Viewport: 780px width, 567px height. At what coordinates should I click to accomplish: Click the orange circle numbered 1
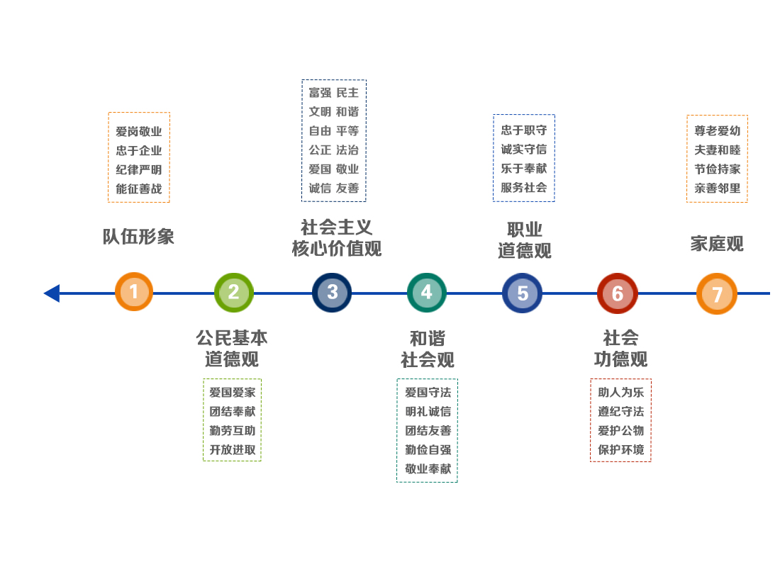click(x=134, y=291)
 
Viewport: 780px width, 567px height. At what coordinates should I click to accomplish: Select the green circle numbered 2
click(x=234, y=292)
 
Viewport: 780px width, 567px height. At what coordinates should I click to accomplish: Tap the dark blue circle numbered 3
click(x=332, y=292)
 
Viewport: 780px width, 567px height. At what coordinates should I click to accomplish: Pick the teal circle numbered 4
click(x=426, y=292)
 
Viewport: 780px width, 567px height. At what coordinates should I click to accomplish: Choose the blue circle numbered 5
click(x=523, y=293)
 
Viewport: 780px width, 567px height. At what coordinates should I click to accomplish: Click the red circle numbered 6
click(x=618, y=293)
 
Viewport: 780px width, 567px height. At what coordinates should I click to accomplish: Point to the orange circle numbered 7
click(x=717, y=293)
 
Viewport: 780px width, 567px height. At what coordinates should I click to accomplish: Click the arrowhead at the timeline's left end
click(x=52, y=293)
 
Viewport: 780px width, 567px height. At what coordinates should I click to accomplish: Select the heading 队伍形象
click(x=138, y=237)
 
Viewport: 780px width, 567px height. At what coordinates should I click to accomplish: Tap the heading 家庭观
click(x=717, y=244)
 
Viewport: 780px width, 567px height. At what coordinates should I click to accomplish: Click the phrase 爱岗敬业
click(x=139, y=132)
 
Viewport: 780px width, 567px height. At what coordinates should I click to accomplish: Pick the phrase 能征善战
click(x=139, y=189)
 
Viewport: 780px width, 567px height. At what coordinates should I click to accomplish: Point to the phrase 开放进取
click(x=232, y=449)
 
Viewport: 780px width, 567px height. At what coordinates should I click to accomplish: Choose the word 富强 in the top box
click(x=320, y=93)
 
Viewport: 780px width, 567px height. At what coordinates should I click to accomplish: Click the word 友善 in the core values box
click(x=347, y=189)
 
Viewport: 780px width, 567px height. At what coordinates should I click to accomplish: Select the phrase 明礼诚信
click(x=428, y=411)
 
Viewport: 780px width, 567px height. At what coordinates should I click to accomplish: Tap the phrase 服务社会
click(x=524, y=188)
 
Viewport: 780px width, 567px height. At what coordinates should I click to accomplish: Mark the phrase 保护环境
click(x=620, y=449)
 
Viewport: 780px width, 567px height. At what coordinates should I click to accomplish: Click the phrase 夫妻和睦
click(x=718, y=150)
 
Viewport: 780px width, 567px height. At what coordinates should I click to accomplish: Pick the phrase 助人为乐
click(x=620, y=392)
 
